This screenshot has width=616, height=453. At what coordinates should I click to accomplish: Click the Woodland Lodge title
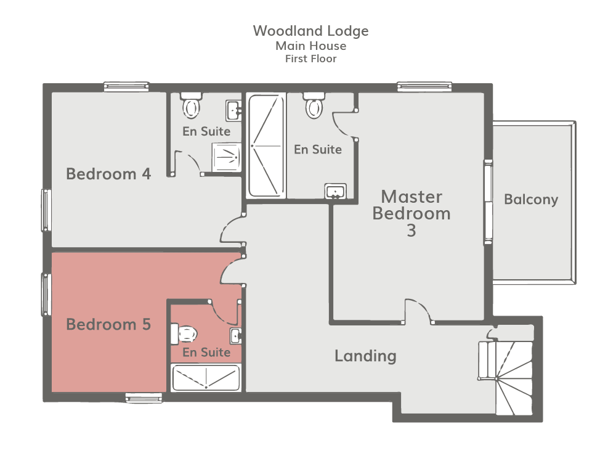(x=310, y=31)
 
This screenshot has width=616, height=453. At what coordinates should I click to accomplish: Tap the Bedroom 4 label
(x=108, y=174)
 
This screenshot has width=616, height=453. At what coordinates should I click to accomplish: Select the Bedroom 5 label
(x=108, y=324)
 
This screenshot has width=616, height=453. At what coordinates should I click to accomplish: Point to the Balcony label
(x=531, y=199)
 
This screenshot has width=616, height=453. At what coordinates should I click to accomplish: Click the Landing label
(x=365, y=356)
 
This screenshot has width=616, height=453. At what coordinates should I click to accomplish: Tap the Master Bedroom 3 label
(x=411, y=213)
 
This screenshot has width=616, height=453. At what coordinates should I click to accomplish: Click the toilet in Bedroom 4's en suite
(x=192, y=105)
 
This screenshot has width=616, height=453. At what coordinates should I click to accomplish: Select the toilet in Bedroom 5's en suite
(x=184, y=334)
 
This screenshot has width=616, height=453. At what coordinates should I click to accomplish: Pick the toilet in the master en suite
(x=314, y=105)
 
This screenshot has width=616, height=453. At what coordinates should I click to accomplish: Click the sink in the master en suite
(x=336, y=191)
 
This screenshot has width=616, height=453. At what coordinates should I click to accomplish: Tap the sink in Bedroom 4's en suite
(x=233, y=110)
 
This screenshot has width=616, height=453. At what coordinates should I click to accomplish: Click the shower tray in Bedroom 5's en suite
(x=206, y=378)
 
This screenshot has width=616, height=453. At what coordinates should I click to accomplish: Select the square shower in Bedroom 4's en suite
(x=227, y=157)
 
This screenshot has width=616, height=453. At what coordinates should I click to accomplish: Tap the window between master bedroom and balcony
(x=488, y=202)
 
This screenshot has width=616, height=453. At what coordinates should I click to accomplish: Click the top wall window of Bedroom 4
(x=126, y=87)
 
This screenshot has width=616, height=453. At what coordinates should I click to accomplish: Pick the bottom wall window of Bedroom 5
(x=144, y=398)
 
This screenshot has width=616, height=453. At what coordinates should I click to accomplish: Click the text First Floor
(x=310, y=59)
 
